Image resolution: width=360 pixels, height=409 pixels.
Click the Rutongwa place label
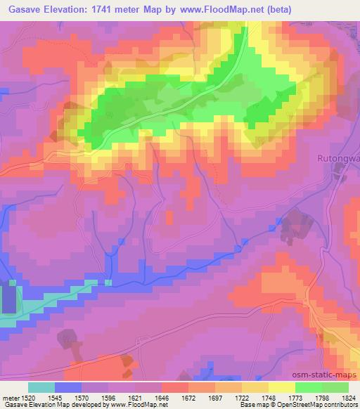[x=338, y=158]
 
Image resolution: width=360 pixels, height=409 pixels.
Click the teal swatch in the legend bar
[x=41, y=387]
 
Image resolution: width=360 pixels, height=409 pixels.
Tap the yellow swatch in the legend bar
[x=281, y=387]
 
